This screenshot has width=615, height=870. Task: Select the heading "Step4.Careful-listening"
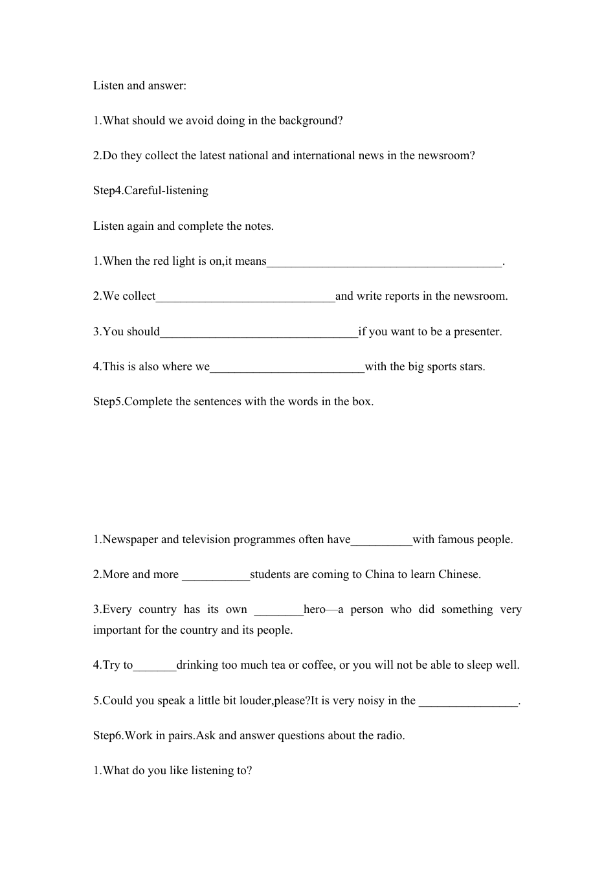(x=151, y=190)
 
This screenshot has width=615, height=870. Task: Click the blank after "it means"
(x=385, y=262)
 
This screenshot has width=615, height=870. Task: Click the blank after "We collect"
(x=245, y=297)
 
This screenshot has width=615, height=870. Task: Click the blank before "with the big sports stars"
(x=287, y=368)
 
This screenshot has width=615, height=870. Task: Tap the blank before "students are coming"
(x=216, y=575)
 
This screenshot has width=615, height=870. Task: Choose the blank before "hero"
(x=278, y=610)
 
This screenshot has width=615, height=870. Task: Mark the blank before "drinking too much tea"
(x=155, y=666)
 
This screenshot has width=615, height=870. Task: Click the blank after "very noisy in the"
(x=469, y=702)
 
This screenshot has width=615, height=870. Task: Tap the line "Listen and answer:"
(x=140, y=85)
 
